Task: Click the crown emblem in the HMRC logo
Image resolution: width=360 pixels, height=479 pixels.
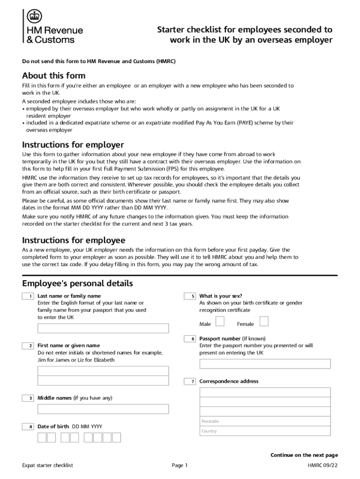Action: tap(34, 17)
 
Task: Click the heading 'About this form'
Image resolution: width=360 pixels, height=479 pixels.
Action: tap(54, 76)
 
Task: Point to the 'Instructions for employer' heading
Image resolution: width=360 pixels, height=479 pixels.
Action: tap(73, 145)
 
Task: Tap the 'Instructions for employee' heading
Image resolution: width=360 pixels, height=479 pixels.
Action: tap(73, 240)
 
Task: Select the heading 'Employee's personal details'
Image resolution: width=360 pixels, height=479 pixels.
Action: tap(78, 283)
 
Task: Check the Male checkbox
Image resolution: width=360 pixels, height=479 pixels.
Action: tap(220, 321)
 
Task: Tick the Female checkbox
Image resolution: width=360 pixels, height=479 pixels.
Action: tap(264, 321)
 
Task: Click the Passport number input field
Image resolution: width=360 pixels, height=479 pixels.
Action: tap(265, 364)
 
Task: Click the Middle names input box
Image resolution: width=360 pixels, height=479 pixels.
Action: tap(103, 409)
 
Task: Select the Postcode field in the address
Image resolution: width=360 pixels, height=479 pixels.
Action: tap(265, 421)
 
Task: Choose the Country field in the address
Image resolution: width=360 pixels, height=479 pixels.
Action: tap(265, 431)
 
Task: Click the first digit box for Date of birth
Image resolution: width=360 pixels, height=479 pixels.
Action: tap(42, 437)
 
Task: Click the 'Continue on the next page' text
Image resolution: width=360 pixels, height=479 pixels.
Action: tap(304, 455)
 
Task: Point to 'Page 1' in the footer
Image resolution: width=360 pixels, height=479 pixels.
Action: tap(180, 465)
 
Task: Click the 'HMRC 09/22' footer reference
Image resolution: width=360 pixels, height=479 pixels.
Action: tap(323, 465)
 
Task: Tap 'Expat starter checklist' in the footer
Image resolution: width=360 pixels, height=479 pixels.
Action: tap(48, 465)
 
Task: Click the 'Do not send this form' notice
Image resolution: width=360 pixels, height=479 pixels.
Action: tap(99, 61)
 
